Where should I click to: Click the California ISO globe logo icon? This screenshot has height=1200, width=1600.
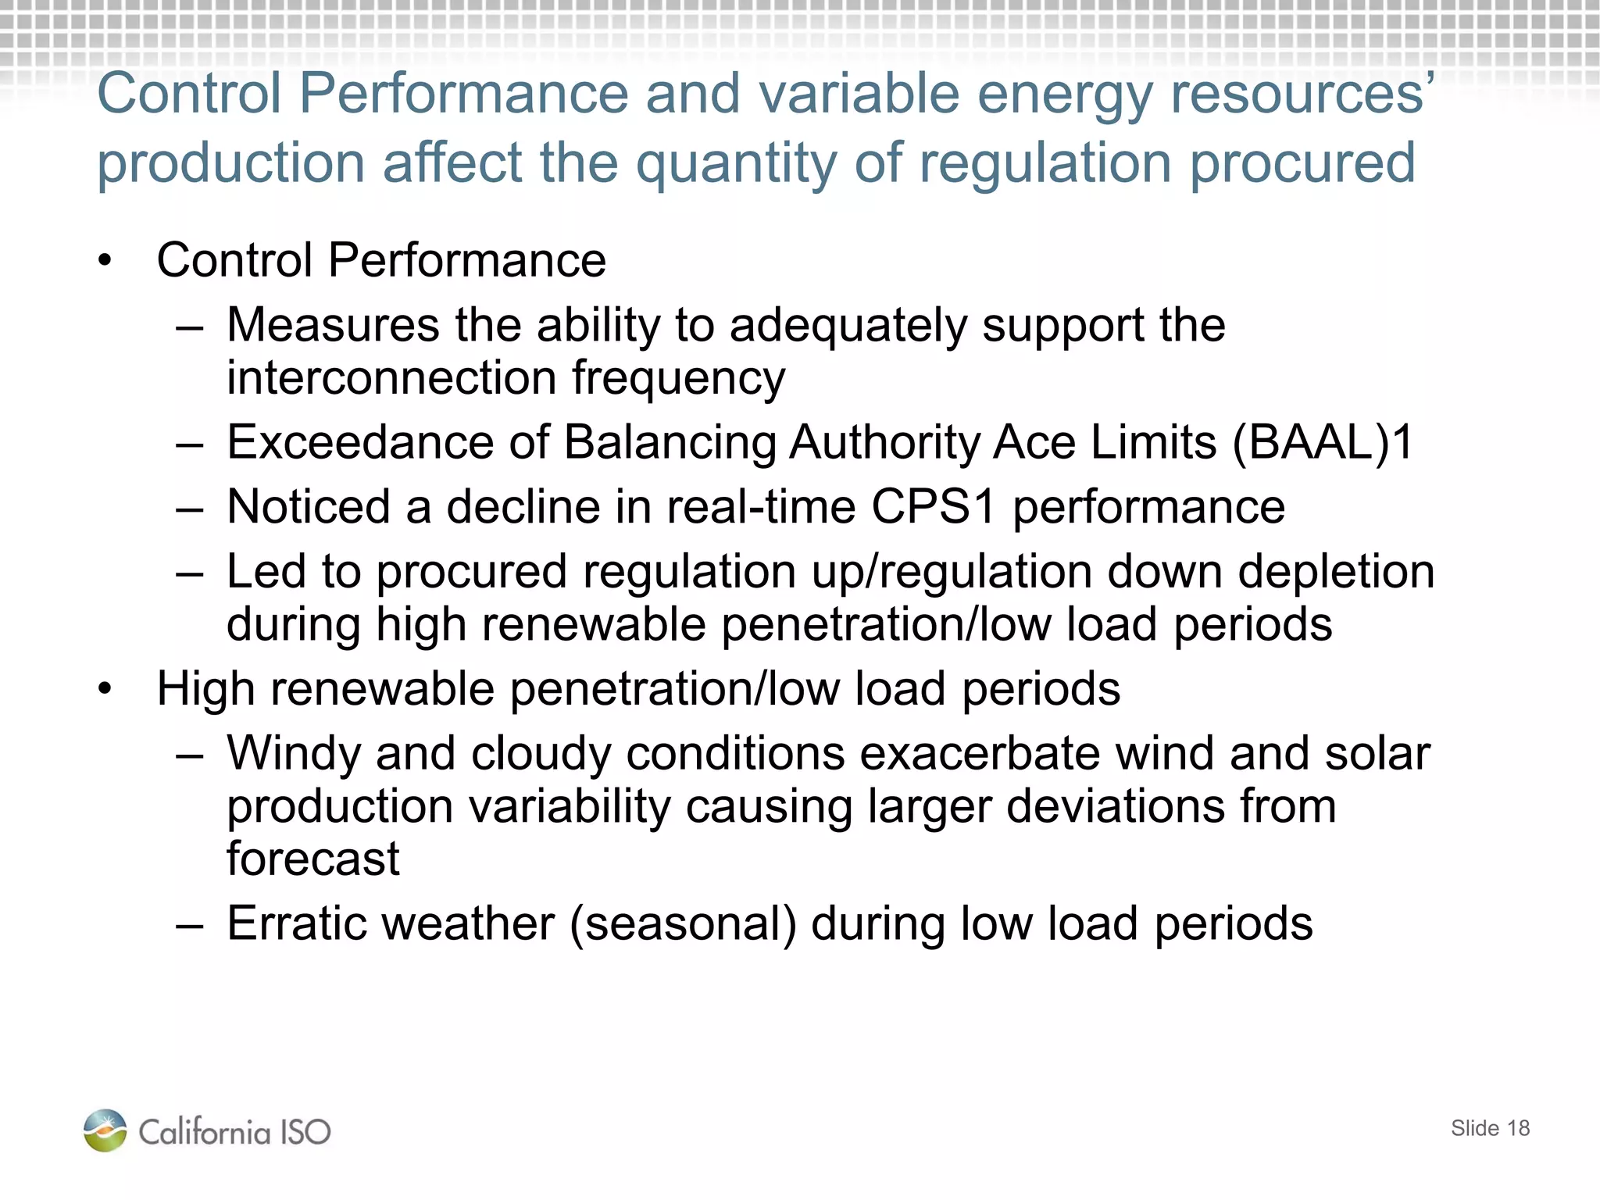105,1130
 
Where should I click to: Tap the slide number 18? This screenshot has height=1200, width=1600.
1518,1128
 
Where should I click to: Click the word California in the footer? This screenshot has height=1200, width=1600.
205,1132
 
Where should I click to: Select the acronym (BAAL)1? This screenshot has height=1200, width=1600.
1323,443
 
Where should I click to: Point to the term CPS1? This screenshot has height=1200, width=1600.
933,507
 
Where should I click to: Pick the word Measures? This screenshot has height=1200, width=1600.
333,325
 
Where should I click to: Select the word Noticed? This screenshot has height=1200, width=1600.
309,507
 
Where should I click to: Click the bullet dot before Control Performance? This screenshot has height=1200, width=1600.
105,261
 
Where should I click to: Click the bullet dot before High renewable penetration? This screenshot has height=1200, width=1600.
105,690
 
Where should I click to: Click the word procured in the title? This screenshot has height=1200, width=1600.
1302,163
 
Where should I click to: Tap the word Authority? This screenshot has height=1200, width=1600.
884,443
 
